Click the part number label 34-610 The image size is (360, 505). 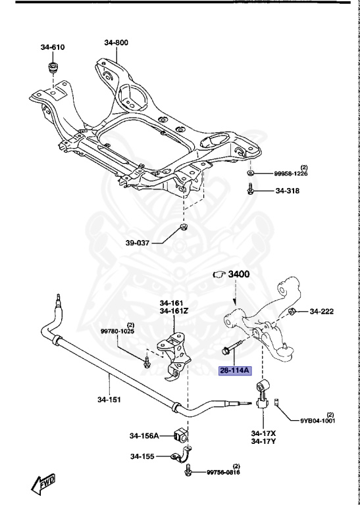[52, 47]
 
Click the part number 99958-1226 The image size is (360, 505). [291, 173]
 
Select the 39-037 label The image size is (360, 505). [139, 242]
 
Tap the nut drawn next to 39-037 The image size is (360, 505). [182, 229]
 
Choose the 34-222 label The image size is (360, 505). [323, 311]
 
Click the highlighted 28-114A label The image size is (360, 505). [235, 370]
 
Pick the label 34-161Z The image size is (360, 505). [172, 312]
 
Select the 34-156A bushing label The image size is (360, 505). [145, 435]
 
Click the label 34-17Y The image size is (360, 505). [264, 442]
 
